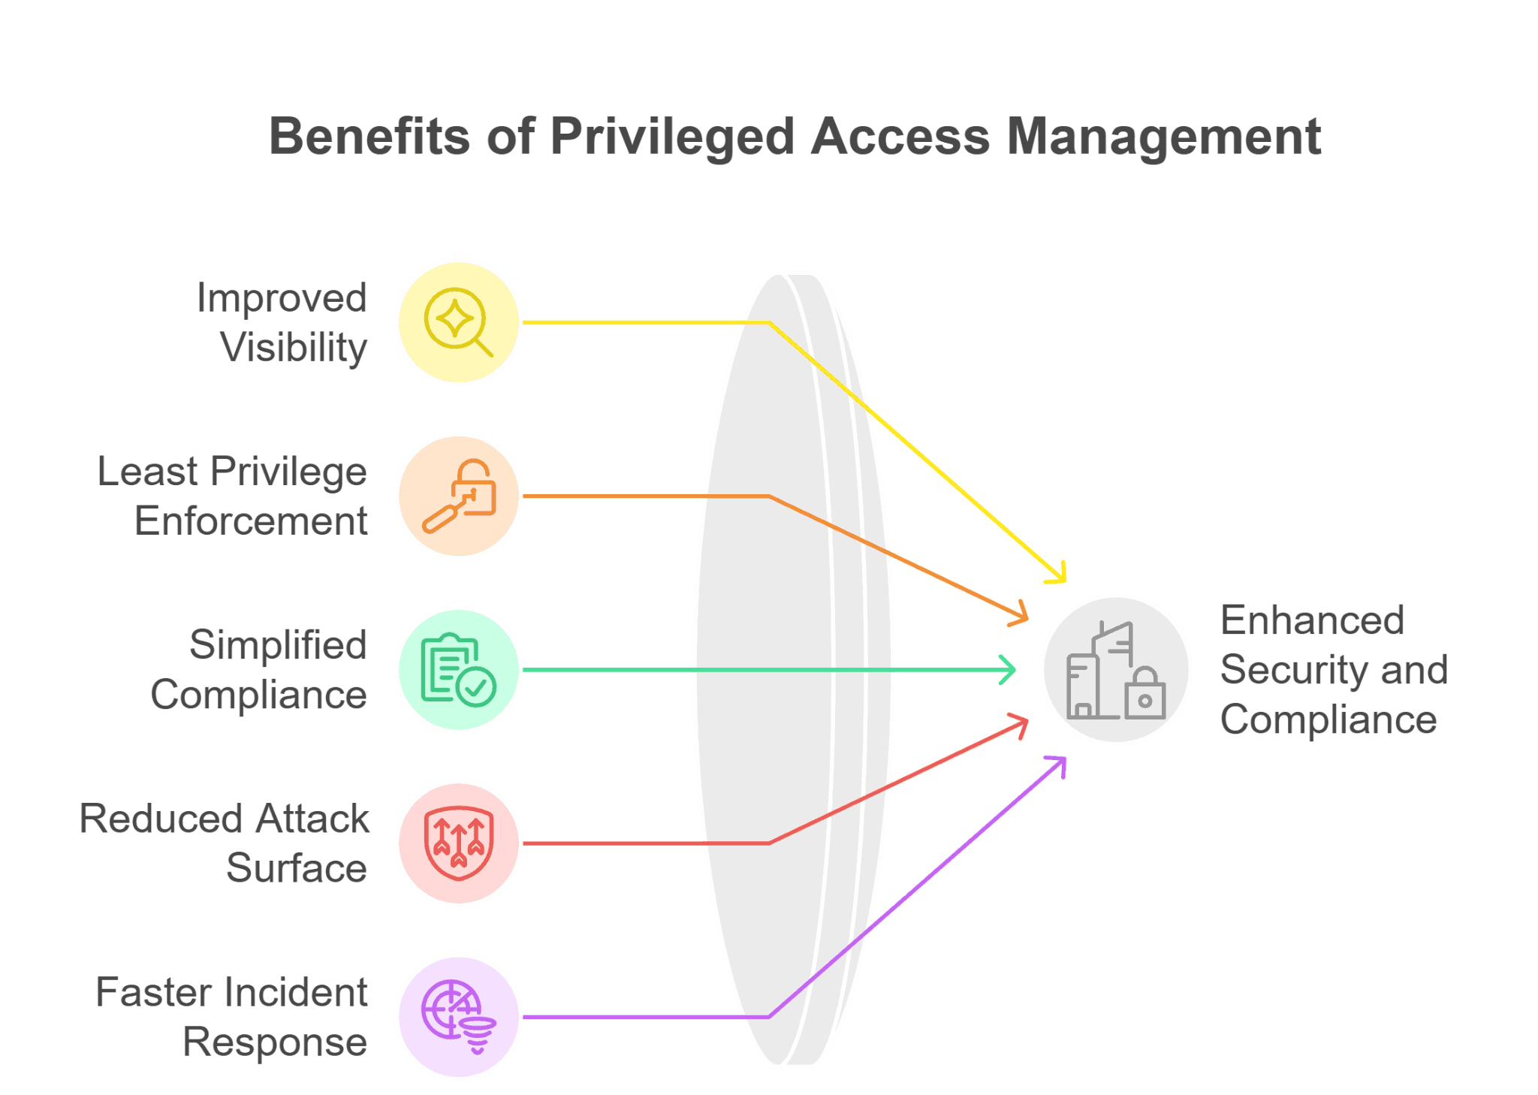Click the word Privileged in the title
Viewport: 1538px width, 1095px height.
[x=671, y=137]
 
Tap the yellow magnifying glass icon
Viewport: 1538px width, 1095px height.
[x=458, y=322]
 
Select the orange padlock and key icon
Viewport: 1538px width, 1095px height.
[x=458, y=496]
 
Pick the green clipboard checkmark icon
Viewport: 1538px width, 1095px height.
[x=458, y=669]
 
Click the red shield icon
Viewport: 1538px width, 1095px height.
[x=458, y=843]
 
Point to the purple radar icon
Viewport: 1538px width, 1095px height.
[x=458, y=1016]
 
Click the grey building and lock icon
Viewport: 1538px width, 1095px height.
[x=1116, y=669]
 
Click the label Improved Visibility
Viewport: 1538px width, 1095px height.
[x=282, y=322]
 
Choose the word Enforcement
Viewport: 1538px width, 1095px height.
[x=251, y=521]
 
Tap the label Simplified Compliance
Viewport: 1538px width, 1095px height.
[x=260, y=669]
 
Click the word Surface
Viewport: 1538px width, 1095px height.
[x=297, y=868]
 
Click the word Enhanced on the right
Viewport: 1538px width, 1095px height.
[x=1312, y=620]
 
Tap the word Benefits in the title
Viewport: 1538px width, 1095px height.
[x=369, y=137]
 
